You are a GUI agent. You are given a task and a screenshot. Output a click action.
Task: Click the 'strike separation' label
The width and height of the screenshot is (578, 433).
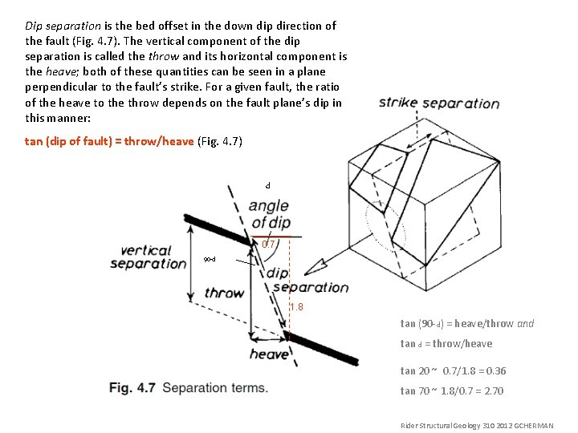click(x=438, y=103)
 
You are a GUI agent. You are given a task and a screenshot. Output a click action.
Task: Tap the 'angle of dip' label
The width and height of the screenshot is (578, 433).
click(x=269, y=215)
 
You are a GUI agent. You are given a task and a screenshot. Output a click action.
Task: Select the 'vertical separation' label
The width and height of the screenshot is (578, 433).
click(x=148, y=257)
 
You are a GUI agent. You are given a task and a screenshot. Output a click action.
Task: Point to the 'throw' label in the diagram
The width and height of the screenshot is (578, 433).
click(x=224, y=293)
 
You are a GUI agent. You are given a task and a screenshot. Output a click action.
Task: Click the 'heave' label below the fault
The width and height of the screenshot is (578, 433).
click(x=269, y=354)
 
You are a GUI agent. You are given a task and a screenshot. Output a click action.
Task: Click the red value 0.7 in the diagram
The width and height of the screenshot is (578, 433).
click(x=269, y=245)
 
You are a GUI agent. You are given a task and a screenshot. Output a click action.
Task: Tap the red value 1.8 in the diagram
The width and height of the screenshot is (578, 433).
click(x=296, y=307)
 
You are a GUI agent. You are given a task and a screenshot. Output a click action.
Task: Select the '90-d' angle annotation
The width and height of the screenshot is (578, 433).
click(x=209, y=260)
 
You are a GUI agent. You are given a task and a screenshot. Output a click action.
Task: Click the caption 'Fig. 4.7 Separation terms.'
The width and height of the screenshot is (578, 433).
click(x=188, y=388)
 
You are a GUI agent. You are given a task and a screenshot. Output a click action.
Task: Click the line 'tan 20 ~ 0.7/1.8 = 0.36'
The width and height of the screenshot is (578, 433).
click(x=453, y=371)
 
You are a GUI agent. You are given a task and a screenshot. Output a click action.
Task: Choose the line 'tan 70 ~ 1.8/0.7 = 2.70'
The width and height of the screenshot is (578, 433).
click(x=452, y=391)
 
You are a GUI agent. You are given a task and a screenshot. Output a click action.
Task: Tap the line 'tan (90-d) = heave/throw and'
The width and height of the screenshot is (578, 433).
click(x=466, y=324)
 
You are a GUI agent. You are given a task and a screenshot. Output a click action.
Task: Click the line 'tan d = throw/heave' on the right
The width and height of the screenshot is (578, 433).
click(x=446, y=344)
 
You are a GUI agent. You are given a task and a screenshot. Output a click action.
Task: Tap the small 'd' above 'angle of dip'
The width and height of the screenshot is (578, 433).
click(x=268, y=186)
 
